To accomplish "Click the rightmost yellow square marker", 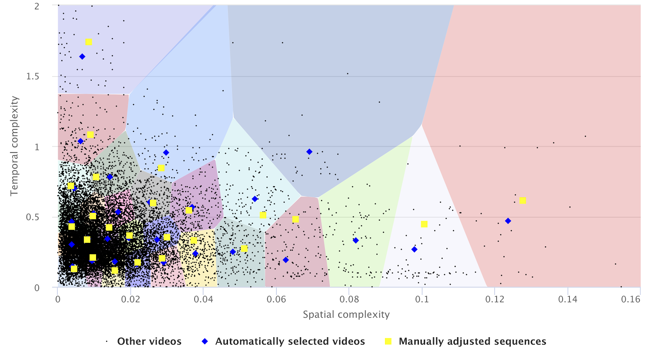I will coord(523,201).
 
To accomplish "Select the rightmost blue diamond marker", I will coord(508,221).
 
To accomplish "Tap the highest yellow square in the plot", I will coord(88,42).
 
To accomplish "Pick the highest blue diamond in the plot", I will coord(82,57).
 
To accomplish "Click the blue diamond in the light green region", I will coord(356,240).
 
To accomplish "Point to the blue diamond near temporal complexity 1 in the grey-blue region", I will coord(309,152).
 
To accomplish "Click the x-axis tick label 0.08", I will coord(349,299).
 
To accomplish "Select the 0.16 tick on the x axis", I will coord(631,299).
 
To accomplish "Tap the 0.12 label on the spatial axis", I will coord(495,299).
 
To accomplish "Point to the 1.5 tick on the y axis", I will coord(33,76).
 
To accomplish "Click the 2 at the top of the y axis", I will coord(37,6).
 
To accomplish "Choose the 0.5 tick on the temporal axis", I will coord(33,217).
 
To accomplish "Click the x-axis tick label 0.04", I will coord(203,299).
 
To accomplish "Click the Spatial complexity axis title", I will coord(346,314).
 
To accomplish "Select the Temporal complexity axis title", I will coord(15,146).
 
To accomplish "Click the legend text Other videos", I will coord(149,341).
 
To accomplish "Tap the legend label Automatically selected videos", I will coord(290,341).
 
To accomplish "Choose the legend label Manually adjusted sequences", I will coord(472,341).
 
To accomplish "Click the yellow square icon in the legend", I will coord(388,341).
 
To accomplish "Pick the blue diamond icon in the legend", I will coord(205,341).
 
